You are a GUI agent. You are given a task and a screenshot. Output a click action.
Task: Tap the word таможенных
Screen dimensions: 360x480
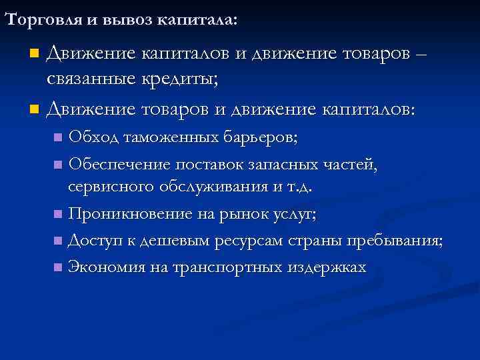pos(168,138)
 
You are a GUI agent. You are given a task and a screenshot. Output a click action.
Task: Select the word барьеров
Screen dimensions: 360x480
pos(260,138)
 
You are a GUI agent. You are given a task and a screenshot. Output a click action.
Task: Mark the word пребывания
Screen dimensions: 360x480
pos(400,241)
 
